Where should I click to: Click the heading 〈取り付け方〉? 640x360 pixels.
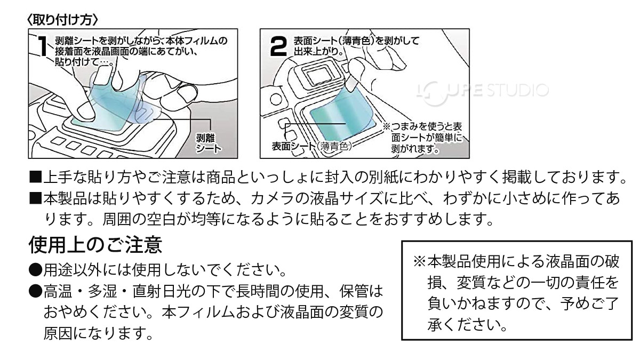click(62, 19)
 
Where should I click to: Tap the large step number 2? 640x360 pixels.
click(280, 46)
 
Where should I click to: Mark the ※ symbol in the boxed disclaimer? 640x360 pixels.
click(419, 262)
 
